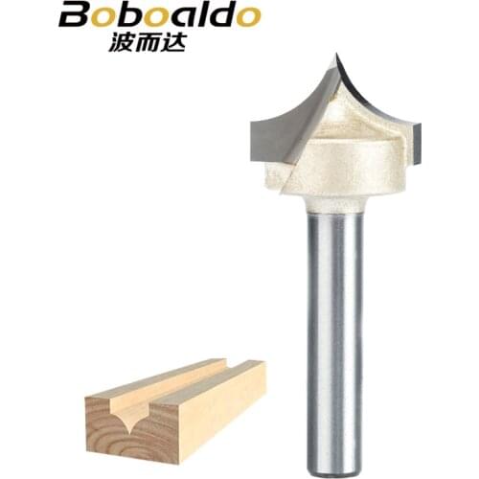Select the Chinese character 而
[148, 42]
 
